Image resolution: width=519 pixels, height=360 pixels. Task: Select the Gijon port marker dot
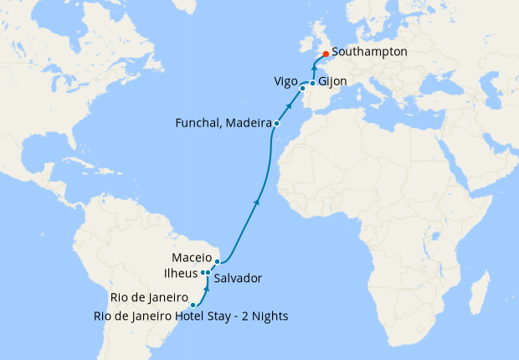312,83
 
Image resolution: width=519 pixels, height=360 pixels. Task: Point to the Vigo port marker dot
302,87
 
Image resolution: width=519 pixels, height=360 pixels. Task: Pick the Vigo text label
285,81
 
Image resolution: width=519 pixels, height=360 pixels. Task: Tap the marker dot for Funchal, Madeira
276,124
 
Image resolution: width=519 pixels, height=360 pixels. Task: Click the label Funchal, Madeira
223,123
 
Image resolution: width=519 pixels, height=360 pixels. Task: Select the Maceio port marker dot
218,262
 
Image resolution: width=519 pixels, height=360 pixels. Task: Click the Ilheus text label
180,273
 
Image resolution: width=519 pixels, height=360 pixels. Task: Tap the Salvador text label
238,278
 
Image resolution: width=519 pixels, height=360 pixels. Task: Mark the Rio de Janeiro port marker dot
193,305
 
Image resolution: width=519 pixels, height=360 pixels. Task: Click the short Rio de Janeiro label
148,297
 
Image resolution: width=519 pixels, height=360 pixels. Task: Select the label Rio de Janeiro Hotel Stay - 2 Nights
193,316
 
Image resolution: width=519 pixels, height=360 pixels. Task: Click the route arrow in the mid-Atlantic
255,202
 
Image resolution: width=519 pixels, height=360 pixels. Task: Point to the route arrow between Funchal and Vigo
290,105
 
